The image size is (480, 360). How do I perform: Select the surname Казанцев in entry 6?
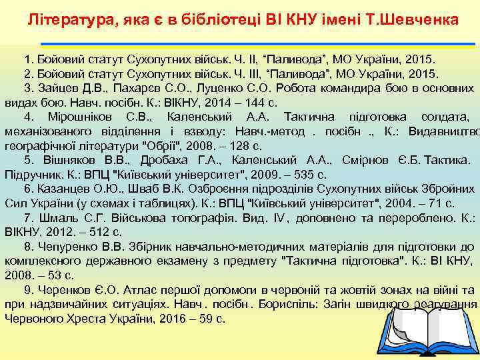pos(65,190)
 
